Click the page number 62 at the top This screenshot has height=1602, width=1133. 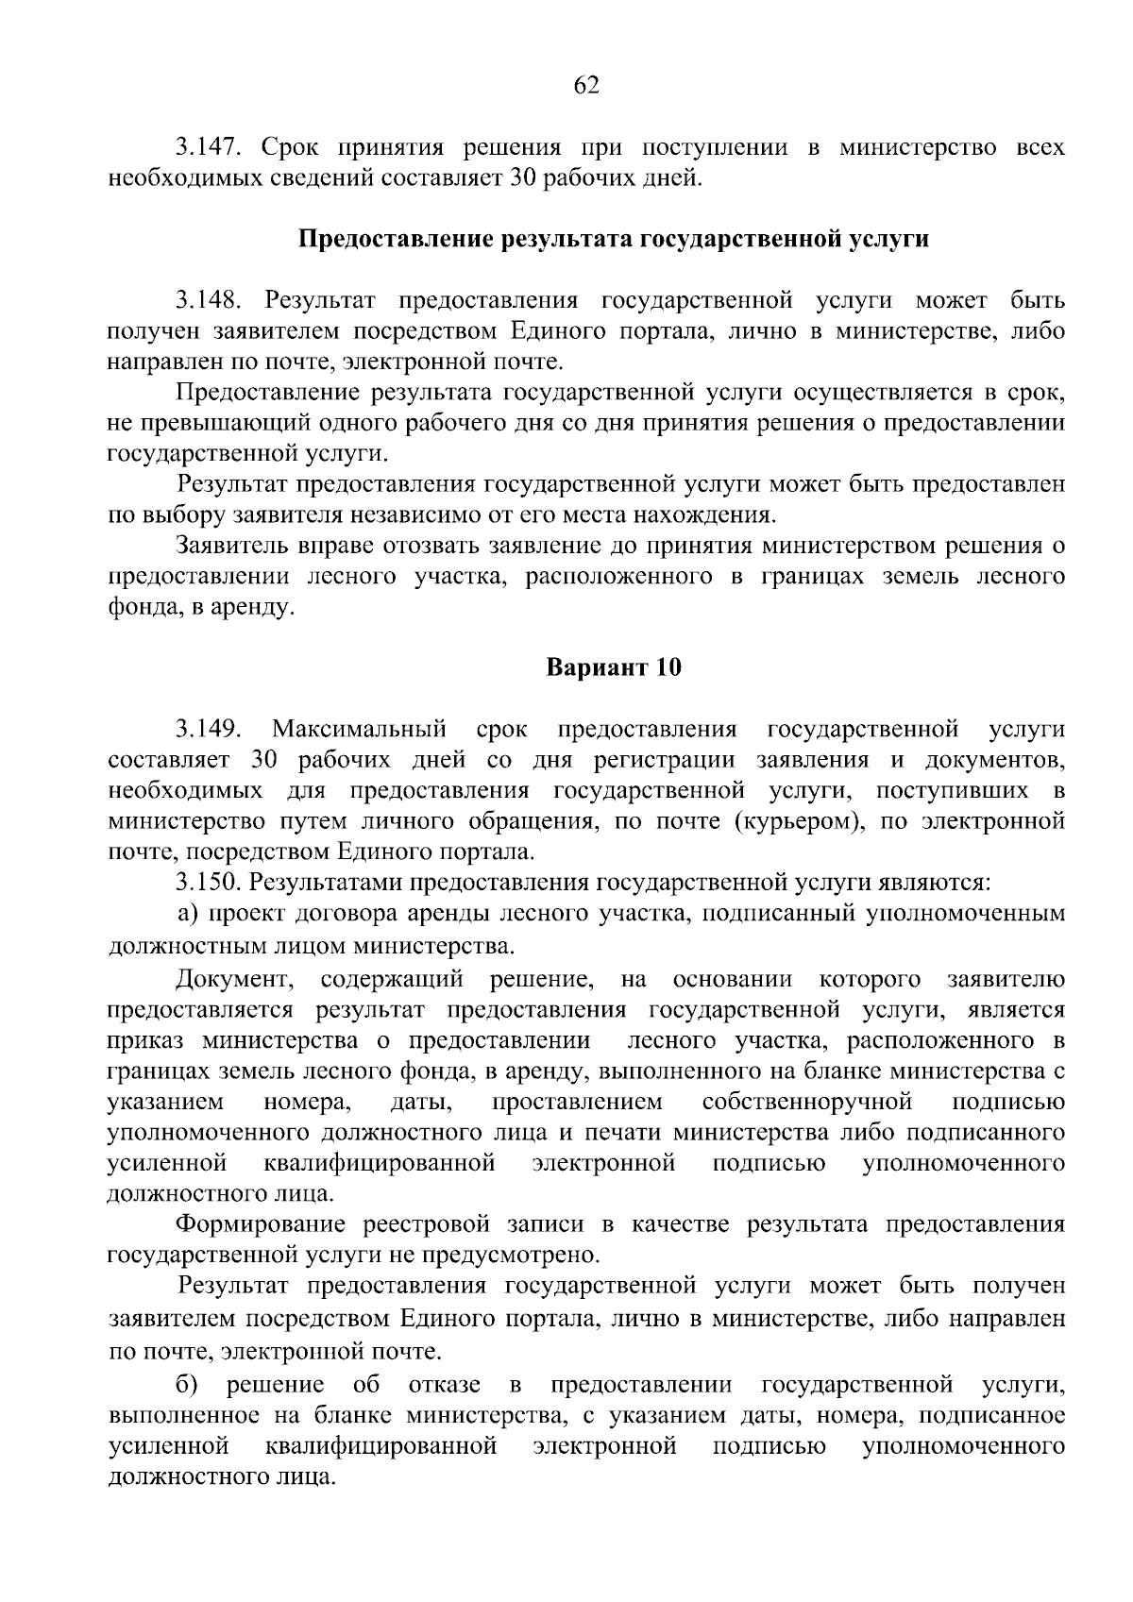(x=586, y=86)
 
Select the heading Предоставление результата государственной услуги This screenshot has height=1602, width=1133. (x=614, y=239)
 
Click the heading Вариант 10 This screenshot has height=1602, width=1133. (x=614, y=667)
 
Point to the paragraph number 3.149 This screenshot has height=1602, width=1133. (x=210, y=729)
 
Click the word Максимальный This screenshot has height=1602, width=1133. (x=359, y=729)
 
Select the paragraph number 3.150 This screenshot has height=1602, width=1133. (x=210, y=883)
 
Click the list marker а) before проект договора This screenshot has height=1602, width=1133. (x=188, y=914)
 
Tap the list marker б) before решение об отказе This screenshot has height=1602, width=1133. (x=188, y=1385)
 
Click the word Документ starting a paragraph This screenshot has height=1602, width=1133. (x=230, y=980)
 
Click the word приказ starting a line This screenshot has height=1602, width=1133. (x=147, y=1040)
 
